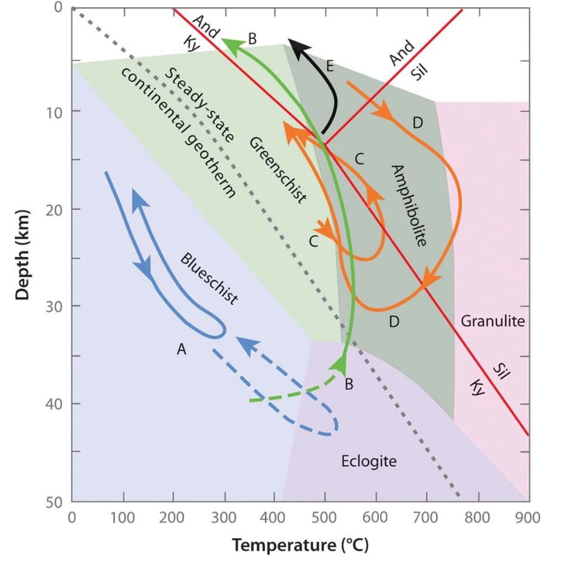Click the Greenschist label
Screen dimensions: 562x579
[x=278, y=170]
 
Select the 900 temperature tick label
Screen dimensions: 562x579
[x=529, y=518]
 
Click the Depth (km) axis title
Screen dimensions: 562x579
[x=23, y=254]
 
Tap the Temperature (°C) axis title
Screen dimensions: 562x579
[x=300, y=544]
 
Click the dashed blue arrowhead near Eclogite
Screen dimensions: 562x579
[x=244, y=344]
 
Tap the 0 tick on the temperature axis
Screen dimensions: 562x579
[x=72, y=518]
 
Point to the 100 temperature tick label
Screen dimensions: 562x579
[x=123, y=518]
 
